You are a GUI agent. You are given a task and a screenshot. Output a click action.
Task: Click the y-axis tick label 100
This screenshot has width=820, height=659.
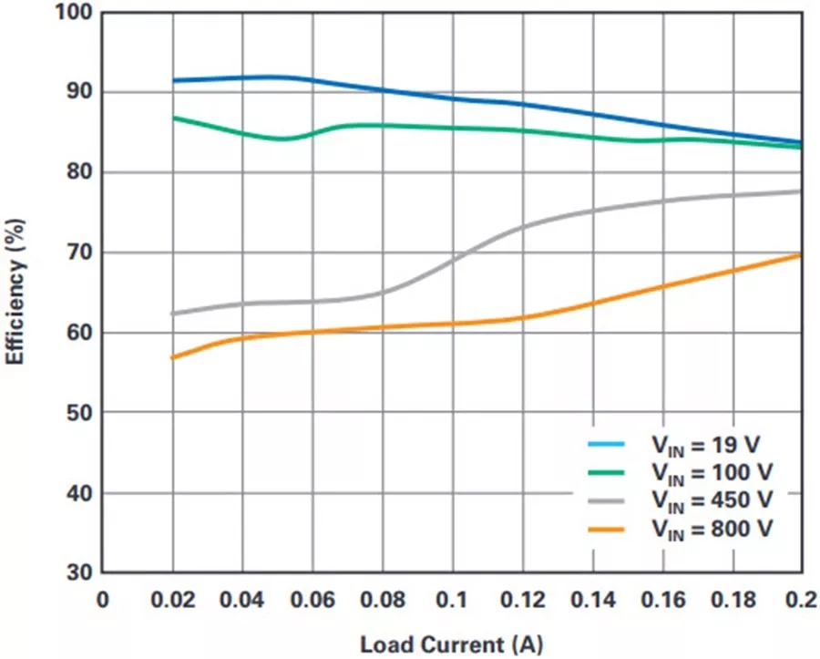tap(73, 13)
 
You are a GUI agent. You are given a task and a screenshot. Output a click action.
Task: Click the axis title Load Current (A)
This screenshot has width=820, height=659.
tap(451, 645)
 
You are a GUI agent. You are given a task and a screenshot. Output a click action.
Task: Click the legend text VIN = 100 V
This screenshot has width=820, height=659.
tap(712, 472)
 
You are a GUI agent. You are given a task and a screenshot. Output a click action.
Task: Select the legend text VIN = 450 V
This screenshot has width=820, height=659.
tap(712, 499)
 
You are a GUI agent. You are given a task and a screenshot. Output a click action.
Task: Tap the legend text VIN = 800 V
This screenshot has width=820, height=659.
tap(712, 527)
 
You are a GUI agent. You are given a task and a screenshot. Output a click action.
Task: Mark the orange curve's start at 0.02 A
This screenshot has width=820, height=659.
tap(172, 357)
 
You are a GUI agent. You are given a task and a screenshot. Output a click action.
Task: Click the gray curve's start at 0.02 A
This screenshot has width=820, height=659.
tap(172, 314)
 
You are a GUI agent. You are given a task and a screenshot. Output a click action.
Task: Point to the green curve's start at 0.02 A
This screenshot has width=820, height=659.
tap(172, 118)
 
